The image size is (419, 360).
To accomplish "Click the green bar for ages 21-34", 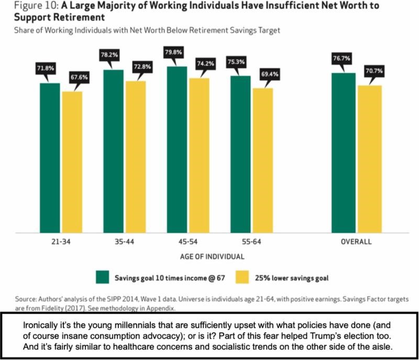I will (x=50, y=157).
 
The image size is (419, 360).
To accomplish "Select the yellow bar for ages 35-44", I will (x=136, y=157).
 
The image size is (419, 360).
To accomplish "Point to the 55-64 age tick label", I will (x=251, y=242).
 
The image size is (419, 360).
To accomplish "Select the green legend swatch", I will (x=101, y=276).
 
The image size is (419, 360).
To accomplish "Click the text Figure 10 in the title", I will (x=27, y=6).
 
